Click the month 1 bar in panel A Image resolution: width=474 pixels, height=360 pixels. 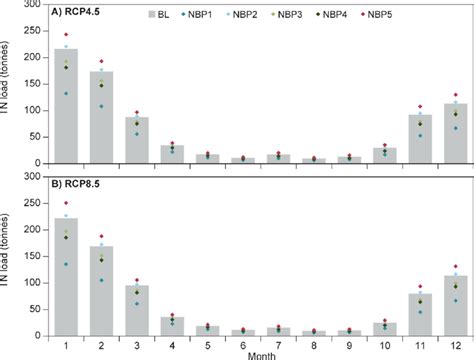click(66, 110)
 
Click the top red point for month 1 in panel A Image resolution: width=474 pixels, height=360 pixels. click(67, 35)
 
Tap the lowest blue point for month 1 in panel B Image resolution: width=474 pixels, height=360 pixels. click(67, 264)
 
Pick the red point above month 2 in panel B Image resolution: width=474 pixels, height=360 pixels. click(102, 237)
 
